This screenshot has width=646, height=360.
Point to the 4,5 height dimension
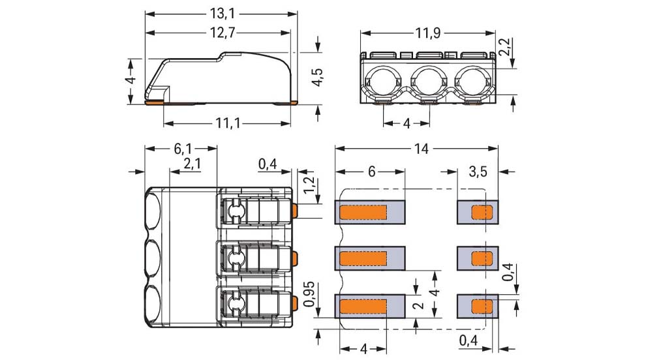(x=317, y=76)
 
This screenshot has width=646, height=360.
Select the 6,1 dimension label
(x=182, y=149)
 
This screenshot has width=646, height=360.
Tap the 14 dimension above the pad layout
(x=421, y=149)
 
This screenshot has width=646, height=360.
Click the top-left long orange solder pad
(x=364, y=212)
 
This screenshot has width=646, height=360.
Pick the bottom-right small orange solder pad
(x=482, y=306)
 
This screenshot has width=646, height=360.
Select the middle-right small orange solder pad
(x=482, y=258)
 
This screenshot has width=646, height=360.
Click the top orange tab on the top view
(x=296, y=210)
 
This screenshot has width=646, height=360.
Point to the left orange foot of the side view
(x=153, y=102)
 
